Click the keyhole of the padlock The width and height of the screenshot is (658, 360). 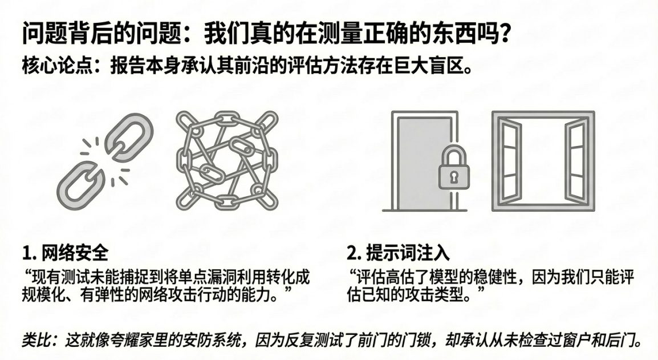[453, 177]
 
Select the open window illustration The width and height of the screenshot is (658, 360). [542, 160]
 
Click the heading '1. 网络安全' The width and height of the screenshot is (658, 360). [65, 253]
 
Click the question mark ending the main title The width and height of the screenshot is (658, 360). [502, 34]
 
